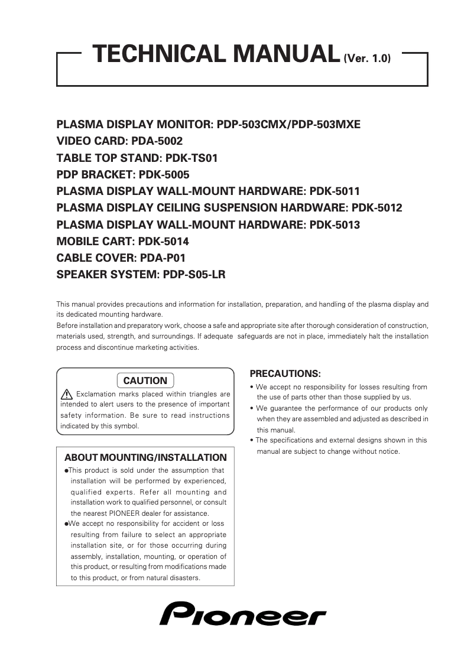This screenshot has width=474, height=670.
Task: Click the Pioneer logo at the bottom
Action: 243,614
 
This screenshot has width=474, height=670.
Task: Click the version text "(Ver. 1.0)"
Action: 367,59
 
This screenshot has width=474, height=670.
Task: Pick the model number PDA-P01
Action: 157,258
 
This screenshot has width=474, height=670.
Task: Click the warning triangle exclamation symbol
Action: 67,394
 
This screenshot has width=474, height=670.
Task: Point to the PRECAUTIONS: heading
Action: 285,374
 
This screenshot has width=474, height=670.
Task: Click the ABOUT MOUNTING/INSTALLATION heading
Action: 145,458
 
